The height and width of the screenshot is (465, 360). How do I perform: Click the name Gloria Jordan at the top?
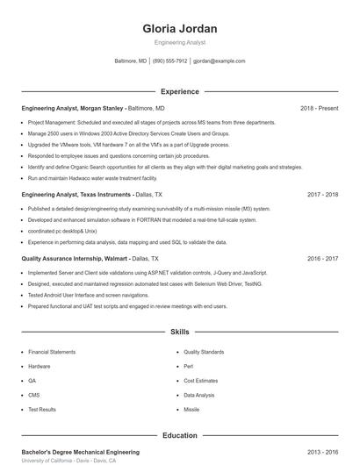[180, 29]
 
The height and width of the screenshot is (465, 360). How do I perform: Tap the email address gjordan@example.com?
[219, 61]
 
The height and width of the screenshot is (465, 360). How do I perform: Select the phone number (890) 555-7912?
[169, 61]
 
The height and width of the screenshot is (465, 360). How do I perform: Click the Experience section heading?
[180, 91]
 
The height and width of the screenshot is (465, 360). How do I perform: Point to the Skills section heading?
[180, 333]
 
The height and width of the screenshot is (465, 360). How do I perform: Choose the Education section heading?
[180, 435]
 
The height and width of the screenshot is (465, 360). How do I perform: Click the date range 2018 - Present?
[319, 108]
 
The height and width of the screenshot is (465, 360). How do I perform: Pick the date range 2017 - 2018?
[322, 195]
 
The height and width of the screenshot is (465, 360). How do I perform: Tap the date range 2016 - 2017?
[322, 260]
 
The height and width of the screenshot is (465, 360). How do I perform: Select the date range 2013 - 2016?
[322, 452]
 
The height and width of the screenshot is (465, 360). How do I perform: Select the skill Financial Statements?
[52, 352]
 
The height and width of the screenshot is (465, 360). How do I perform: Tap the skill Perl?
[188, 366]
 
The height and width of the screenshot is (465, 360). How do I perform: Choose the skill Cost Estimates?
[200, 381]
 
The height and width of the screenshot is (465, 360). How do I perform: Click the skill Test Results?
[42, 410]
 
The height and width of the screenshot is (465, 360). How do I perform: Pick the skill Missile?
[191, 410]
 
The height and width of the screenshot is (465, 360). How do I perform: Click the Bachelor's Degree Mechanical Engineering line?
[80, 452]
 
